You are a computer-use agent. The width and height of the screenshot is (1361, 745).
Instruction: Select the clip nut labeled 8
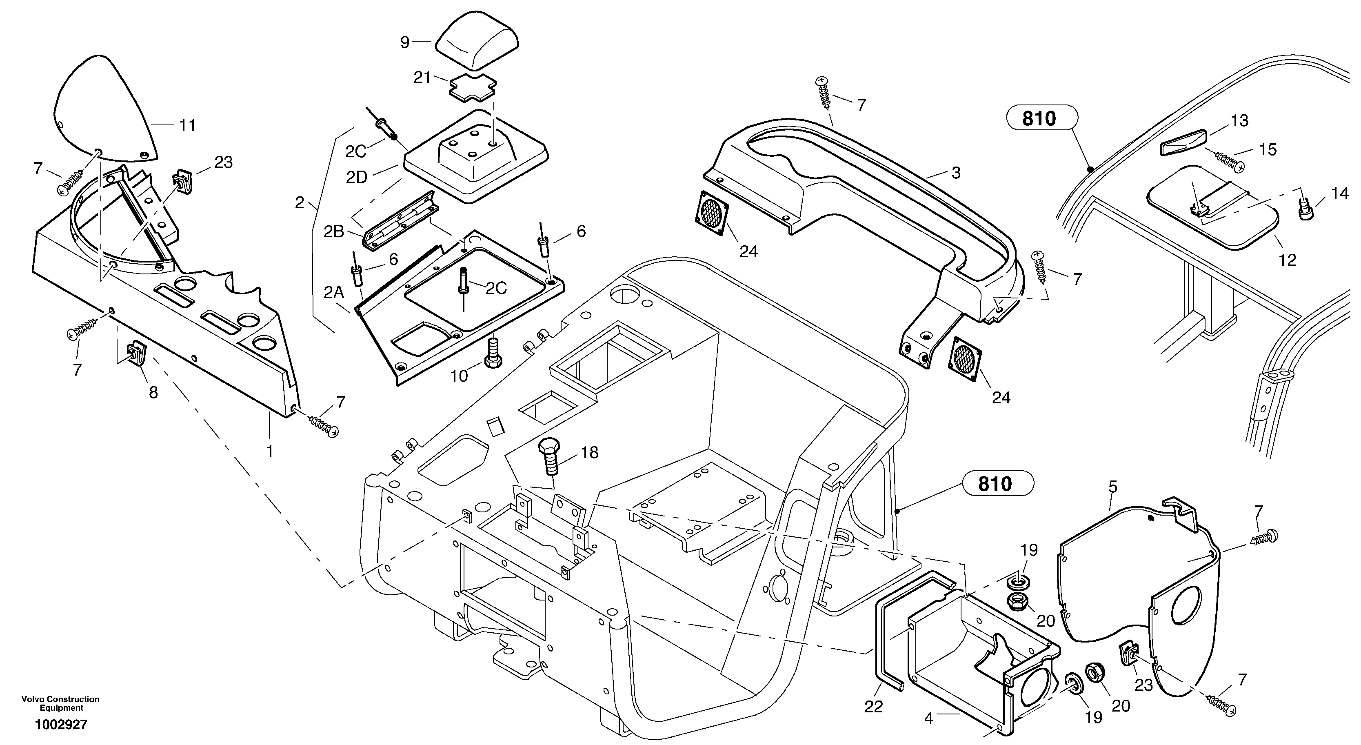tap(135, 352)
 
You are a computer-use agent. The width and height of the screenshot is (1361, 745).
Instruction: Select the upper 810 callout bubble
tap(1039, 119)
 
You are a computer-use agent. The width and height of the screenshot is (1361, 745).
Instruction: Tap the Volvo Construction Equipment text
tap(61, 703)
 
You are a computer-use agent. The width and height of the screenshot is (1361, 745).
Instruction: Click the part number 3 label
tap(956, 173)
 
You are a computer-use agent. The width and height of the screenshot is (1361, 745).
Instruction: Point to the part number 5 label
tap(1113, 487)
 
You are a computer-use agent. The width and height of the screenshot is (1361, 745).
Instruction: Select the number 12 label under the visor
tap(1287, 260)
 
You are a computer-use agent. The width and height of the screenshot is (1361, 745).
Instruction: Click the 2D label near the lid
tap(357, 178)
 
